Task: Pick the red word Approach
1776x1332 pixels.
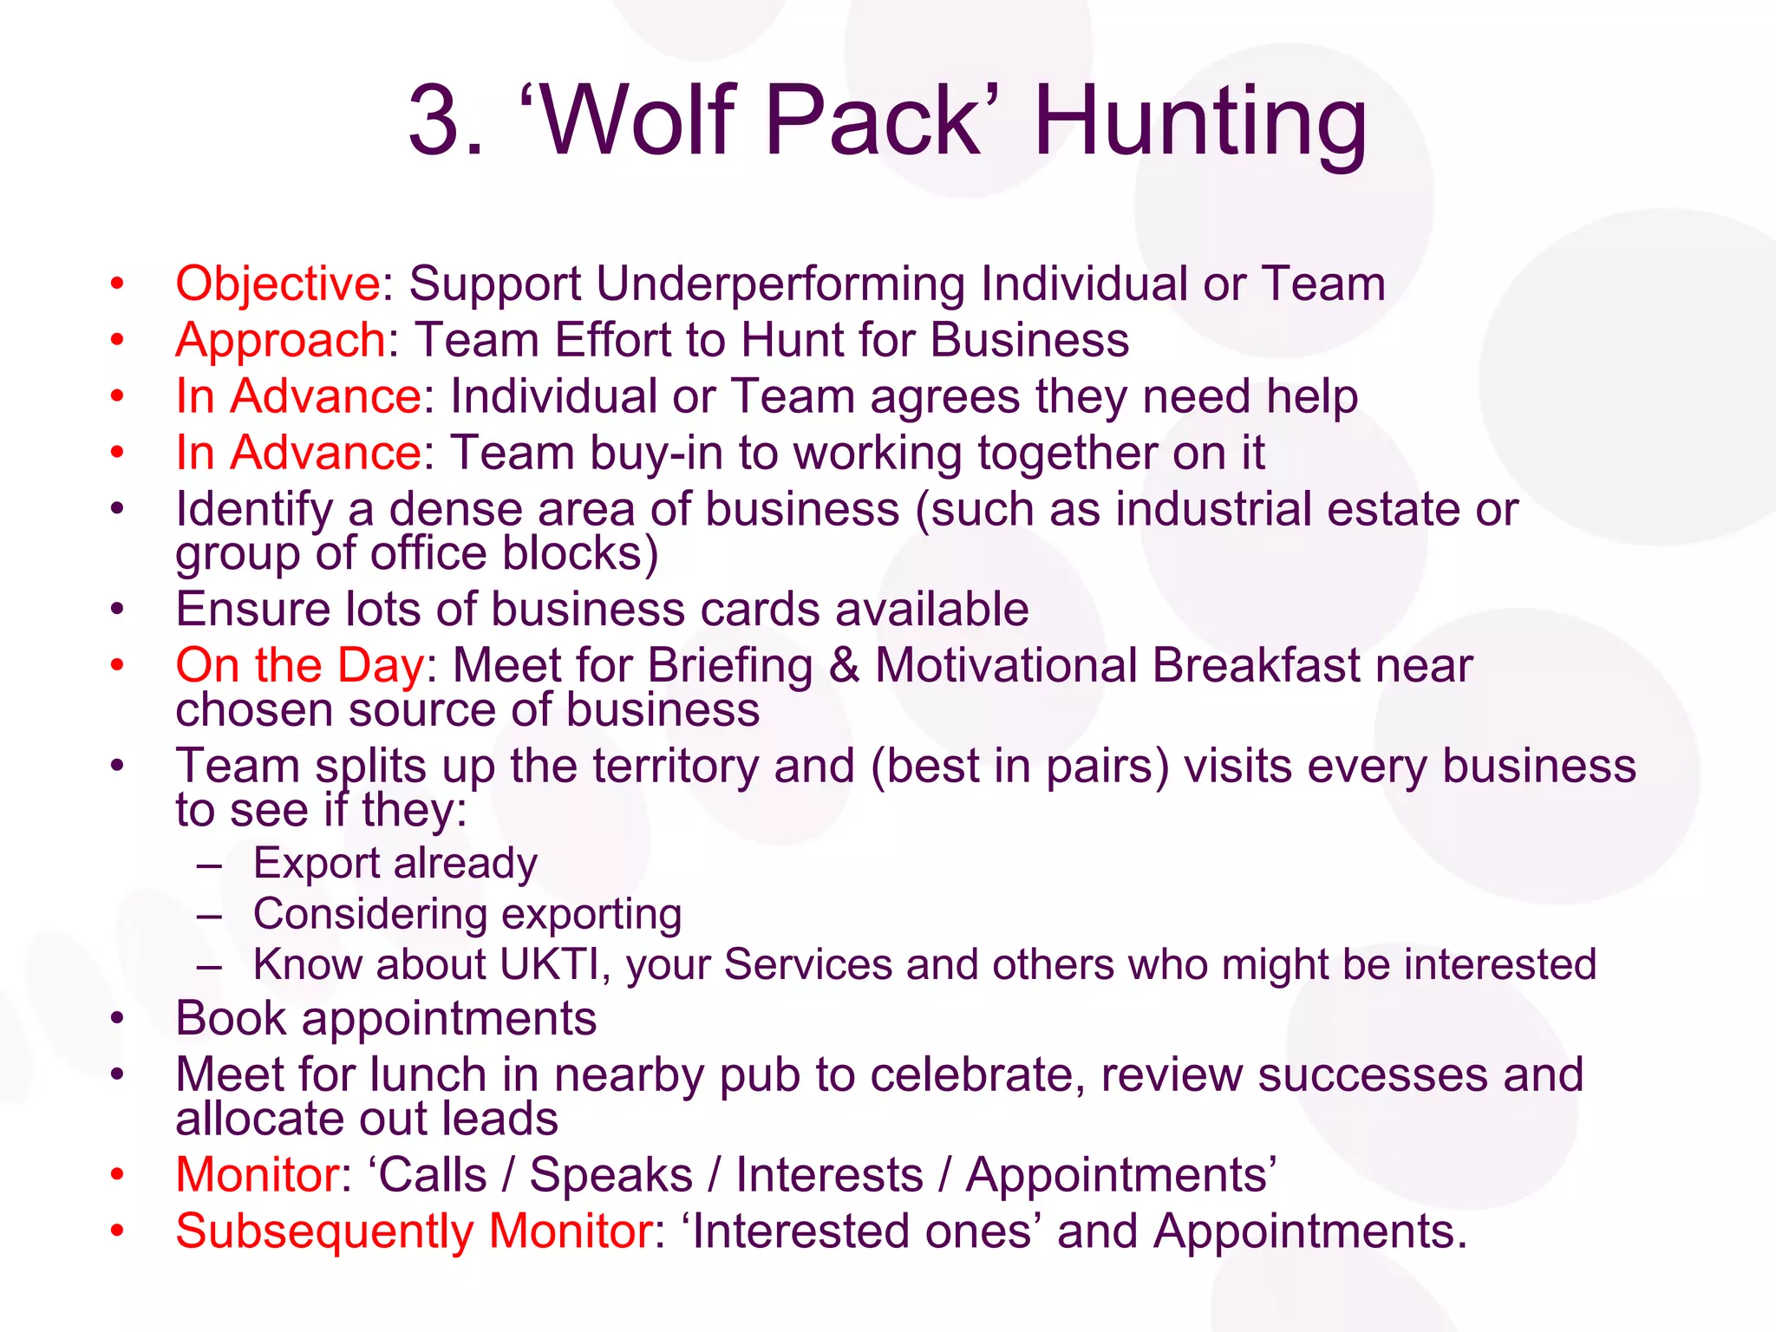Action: pos(280,340)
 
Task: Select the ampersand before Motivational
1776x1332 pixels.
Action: pos(844,666)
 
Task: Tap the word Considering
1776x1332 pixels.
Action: pos(369,914)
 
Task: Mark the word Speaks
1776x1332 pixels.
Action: pos(610,1176)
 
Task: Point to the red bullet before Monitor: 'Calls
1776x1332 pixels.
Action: pos(118,1176)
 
